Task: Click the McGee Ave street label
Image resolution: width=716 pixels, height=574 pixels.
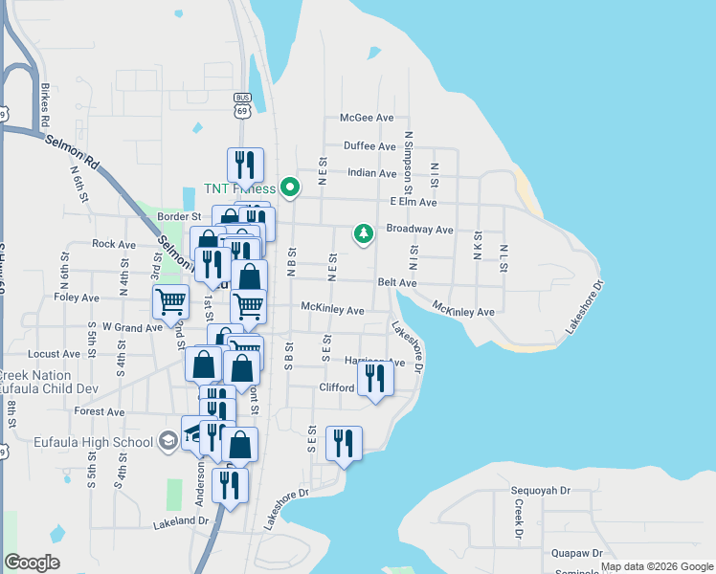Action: (368, 118)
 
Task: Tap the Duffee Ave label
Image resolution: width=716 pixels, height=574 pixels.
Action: (370, 146)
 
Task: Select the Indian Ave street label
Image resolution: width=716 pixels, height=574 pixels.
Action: (371, 174)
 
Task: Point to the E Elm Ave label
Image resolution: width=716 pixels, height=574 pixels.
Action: (414, 203)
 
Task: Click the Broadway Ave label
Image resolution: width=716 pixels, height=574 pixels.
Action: (419, 230)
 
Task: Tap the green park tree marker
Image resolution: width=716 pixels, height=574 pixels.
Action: (363, 232)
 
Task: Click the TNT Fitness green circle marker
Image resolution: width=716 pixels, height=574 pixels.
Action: (295, 188)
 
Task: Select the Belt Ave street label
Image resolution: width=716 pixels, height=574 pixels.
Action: (396, 283)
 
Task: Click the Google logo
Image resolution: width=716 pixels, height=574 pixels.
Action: (32, 563)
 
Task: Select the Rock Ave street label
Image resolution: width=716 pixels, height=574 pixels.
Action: (114, 244)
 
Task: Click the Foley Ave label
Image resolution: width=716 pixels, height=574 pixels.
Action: (78, 298)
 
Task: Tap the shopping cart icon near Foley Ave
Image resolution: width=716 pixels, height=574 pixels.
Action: (170, 301)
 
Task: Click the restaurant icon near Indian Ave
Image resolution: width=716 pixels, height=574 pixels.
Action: (245, 165)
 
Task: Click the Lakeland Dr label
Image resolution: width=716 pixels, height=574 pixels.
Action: (181, 522)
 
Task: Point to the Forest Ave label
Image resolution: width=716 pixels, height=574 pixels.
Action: (100, 411)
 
